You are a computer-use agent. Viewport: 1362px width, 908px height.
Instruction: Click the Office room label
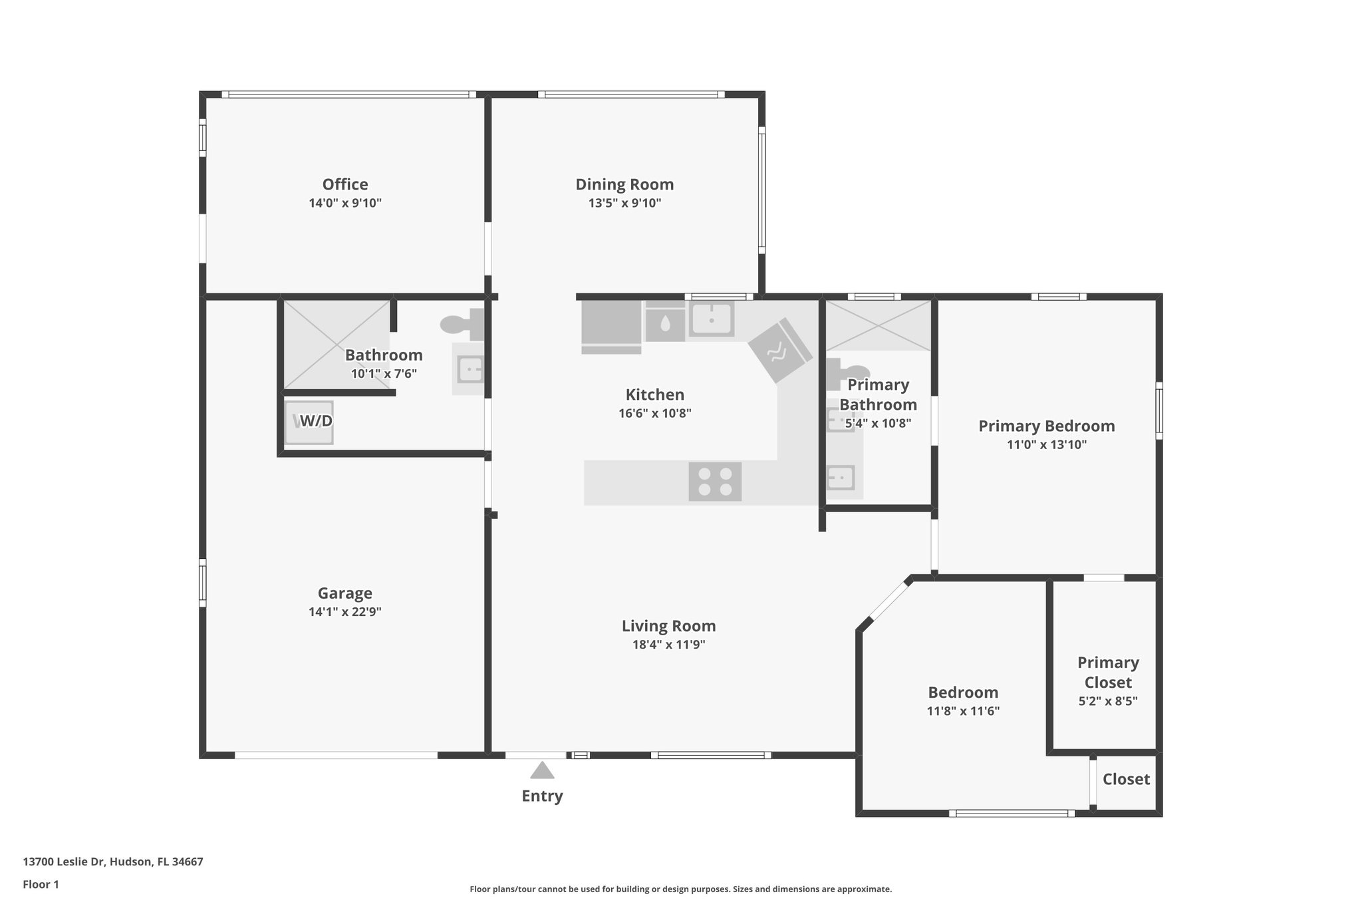[x=344, y=184]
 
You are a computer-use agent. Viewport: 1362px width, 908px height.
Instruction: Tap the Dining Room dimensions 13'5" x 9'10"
[x=624, y=203]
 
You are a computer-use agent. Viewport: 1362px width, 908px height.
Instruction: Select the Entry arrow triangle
[x=542, y=770]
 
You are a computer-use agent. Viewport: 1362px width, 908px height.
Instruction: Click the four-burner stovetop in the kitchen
[x=715, y=482]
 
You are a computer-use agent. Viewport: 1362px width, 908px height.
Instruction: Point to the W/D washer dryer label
[x=315, y=421]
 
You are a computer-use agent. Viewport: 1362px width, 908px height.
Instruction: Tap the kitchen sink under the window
[x=711, y=319]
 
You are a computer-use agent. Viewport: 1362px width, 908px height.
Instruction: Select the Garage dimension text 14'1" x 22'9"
[x=344, y=612]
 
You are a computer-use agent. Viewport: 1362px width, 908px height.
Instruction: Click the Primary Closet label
[x=1108, y=672]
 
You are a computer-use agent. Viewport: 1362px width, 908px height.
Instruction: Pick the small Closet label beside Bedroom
[x=1126, y=779]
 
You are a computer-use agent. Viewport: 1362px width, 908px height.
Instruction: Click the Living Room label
[x=668, y=626]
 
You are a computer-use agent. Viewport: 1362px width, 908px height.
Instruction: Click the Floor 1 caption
[x=41, y=884]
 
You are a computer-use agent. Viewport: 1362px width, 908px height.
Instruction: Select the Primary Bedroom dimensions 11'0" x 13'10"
[x=1046, y=444]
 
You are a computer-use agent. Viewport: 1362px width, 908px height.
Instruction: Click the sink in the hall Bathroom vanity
[x=470, y=369]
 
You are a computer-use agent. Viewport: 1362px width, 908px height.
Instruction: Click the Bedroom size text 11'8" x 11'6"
[x=963, y=710]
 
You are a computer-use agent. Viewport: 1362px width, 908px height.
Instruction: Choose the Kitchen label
[x=654, y=394]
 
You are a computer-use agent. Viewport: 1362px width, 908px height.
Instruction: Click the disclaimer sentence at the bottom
[x=680, y=889]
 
